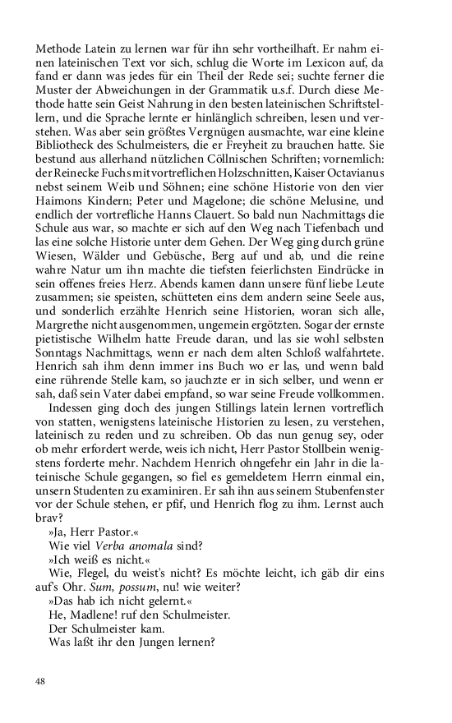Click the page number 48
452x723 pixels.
point(41,681)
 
